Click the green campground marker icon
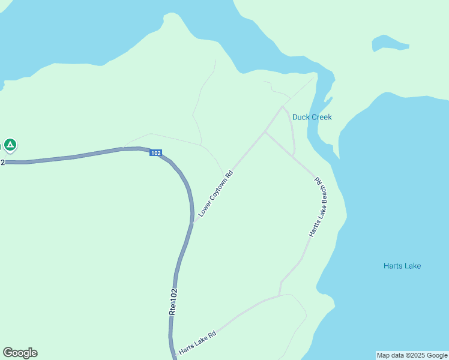(10, 145)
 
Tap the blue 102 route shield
(156, 154)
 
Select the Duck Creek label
(312, 117)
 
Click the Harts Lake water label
(402, 266)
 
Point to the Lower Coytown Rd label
(215, 193)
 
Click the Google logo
(20, 353)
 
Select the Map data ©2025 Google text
(412, 355)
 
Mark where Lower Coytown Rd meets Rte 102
(193, 223)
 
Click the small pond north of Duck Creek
(389, 43)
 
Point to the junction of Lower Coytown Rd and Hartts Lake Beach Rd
(265, 132)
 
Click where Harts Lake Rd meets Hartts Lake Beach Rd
(280, 295)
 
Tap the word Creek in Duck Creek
(321, 117)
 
